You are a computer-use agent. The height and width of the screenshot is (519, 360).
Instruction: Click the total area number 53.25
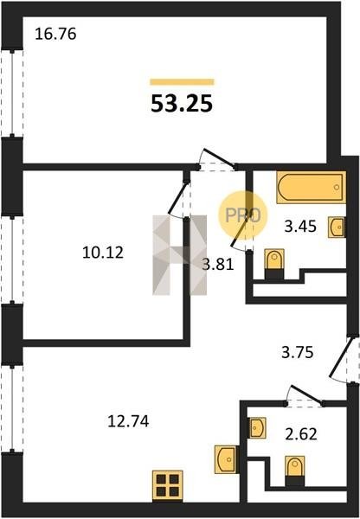click(x=182, y=103)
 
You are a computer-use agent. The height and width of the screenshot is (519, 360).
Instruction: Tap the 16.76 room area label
click(x=55, y=34)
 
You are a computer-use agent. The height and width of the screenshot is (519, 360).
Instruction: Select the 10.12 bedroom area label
click(x=103, y=253)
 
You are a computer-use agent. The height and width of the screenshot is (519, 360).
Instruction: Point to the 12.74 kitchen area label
click(x=128, y=421)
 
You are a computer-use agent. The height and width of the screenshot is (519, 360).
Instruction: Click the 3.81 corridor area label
click(x=218, y=265)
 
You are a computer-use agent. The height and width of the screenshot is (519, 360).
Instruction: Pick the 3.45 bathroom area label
click(x=300, y=227)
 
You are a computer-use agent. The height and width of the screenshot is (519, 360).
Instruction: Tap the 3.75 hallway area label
click(x=298, y=353)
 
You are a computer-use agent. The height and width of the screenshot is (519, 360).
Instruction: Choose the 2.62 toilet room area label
click(x=301, y=434)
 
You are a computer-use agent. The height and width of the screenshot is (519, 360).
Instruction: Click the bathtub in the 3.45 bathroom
click(x=311, y=187)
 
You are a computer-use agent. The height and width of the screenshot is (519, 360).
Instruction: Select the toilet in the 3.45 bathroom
click(x=274, y=264)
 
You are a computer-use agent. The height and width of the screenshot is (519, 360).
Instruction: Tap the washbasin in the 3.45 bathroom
click(x=337, y=227)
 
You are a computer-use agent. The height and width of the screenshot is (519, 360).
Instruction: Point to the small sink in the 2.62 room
click(x=258, y=428)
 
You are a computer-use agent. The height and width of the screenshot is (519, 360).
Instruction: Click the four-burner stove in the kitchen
click(x=168, y=485)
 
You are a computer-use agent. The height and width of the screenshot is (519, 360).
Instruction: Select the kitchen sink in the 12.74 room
click(x=227, y=459)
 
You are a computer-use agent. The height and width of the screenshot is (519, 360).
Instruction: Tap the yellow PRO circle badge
click(x=243, y=215)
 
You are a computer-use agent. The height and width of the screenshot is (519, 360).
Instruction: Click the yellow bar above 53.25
click(x=182, y=82)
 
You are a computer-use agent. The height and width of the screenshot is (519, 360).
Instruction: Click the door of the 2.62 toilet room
click(x=305, y=394)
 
